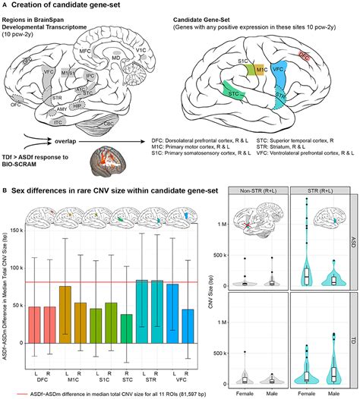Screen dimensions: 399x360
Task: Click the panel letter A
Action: point(5,7)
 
